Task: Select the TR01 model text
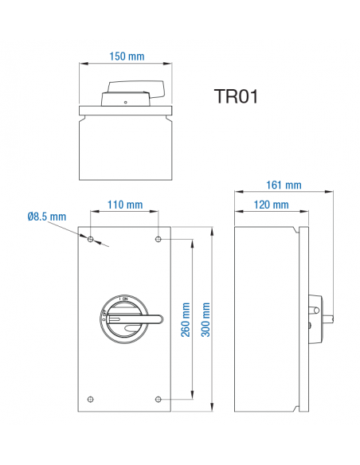point(237,96)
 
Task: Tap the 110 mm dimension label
point(125,205)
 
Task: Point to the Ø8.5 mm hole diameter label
point(45,217)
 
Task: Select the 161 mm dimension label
point(284,186)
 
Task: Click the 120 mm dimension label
point(271,205)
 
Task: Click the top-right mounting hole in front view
point(159,239)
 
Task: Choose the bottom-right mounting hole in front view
point(159,398)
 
